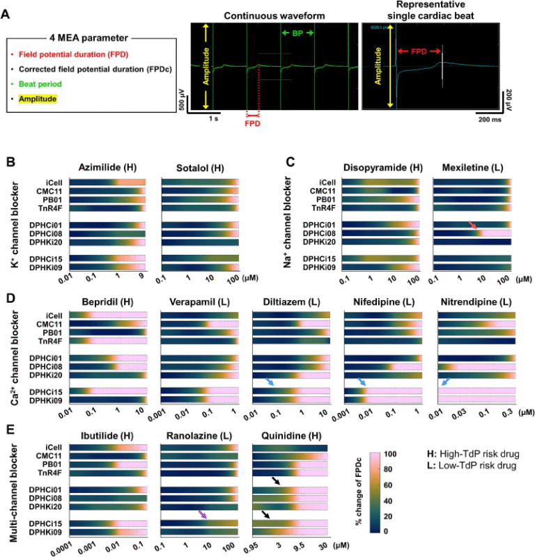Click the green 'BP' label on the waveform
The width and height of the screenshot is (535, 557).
coord(298,33)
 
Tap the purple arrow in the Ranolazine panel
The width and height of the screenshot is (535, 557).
coord(203,515)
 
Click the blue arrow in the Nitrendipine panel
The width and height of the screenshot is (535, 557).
coord(446,383)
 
